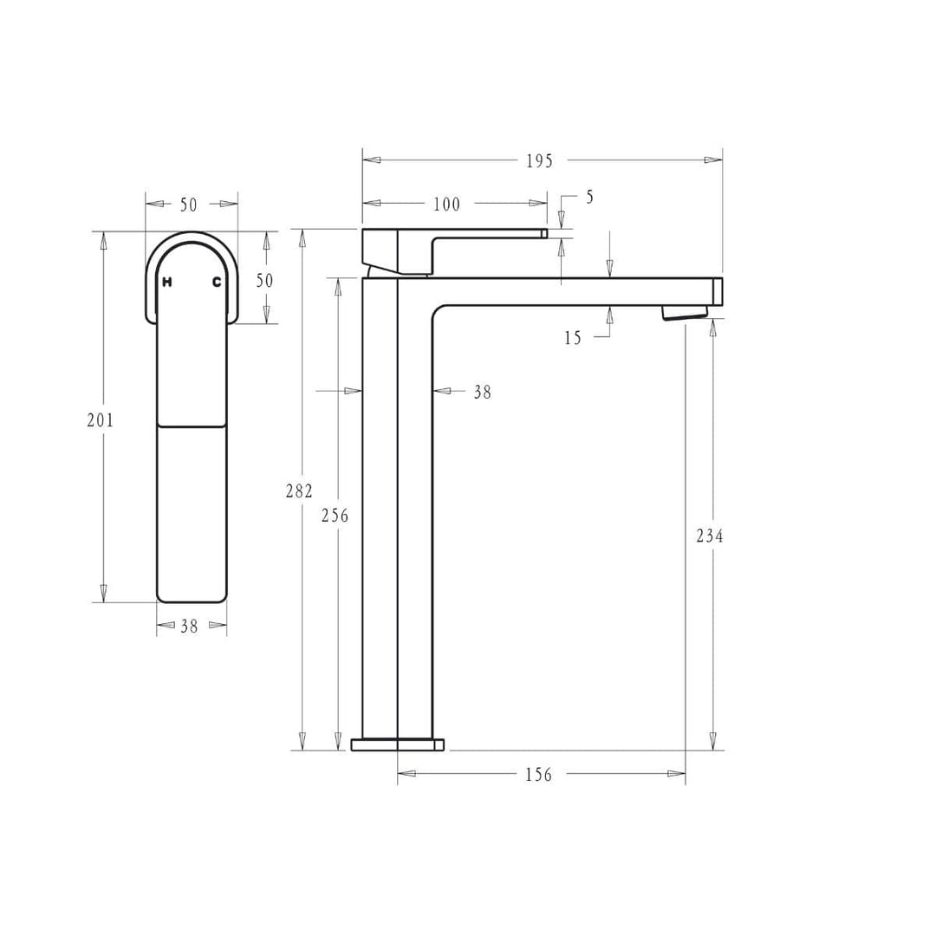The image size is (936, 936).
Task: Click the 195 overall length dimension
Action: (x=538, y=161)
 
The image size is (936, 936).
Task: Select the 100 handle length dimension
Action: (x=446, y=205)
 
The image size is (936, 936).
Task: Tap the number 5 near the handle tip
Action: (x=590, y=198)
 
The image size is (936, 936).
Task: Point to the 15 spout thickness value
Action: (x=573, y=338)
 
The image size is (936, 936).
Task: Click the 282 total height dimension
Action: (x=299, y=491)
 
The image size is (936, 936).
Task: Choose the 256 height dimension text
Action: (x=335, y=516)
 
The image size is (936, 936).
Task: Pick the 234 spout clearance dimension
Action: (x=710, y=536)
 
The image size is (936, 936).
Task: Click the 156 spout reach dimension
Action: (x=538, y=775)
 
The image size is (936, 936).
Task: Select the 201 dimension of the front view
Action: (x=101, y=420)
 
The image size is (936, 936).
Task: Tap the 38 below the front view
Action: (x=189, y=627)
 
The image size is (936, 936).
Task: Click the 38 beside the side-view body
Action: (x=482, y=393)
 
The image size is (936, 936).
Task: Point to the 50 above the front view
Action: (x=189, y=205)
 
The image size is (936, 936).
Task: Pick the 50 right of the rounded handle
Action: (x=264, y=281)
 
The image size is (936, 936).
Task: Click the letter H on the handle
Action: (x=167, y=282)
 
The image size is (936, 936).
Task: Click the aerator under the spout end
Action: (x=684, y=313)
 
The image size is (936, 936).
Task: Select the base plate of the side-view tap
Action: (x=397, y=744)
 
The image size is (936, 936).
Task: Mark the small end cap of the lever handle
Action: (x=544, y=233)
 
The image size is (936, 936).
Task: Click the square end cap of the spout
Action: (x=718, y=291)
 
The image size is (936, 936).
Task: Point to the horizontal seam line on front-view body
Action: (x=192, y=426)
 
